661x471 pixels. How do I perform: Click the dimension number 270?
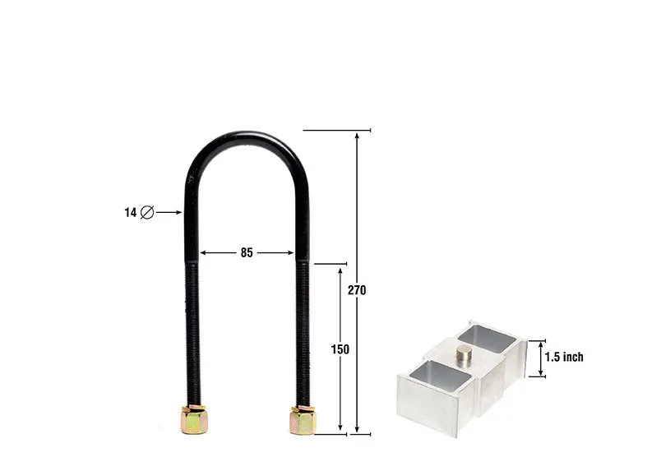357,290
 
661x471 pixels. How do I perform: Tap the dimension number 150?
340,349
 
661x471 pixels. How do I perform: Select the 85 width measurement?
247,252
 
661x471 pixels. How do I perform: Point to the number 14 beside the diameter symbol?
130,213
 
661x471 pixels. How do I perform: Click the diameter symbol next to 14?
147,212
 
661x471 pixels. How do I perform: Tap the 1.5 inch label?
564,357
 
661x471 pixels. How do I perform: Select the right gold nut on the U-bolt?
303,420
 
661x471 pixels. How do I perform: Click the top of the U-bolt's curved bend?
247,135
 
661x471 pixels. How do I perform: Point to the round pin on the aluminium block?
465,355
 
